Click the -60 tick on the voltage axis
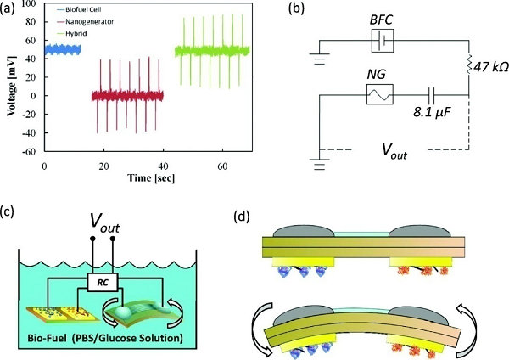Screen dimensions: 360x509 [31, 151]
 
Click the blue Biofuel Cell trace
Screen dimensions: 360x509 [61, 50]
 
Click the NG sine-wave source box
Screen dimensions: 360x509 [378, 94]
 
